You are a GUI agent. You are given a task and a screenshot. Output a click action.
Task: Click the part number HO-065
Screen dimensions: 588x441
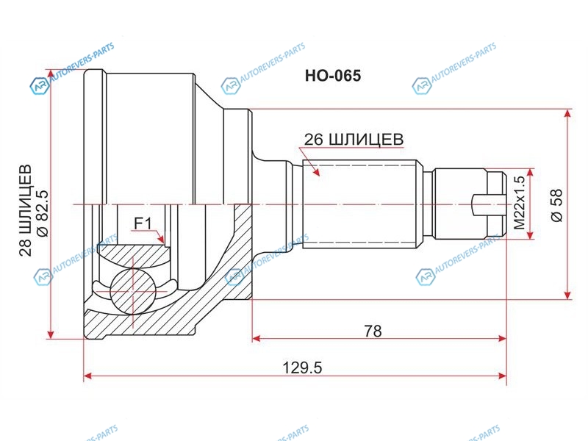[333, 76]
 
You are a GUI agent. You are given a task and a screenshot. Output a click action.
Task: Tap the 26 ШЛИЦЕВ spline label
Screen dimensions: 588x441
[354, 140]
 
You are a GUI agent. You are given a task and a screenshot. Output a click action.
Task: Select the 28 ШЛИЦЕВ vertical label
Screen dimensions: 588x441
[26, 210]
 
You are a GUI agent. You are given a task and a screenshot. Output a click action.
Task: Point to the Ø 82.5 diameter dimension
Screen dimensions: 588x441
[43, 213]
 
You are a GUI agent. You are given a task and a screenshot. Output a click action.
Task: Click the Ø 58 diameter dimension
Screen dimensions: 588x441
[557, 205]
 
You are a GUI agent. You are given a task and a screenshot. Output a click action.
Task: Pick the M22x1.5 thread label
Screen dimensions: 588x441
[520, 203]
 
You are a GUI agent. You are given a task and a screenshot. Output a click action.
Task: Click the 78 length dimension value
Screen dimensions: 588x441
[373, 331]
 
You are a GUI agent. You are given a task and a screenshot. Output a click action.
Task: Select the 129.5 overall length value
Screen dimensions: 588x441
[302, 368]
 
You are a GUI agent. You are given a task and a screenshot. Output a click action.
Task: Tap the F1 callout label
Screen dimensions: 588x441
[143, 224]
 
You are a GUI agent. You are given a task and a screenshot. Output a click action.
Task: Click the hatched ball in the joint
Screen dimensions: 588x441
[133, 291]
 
